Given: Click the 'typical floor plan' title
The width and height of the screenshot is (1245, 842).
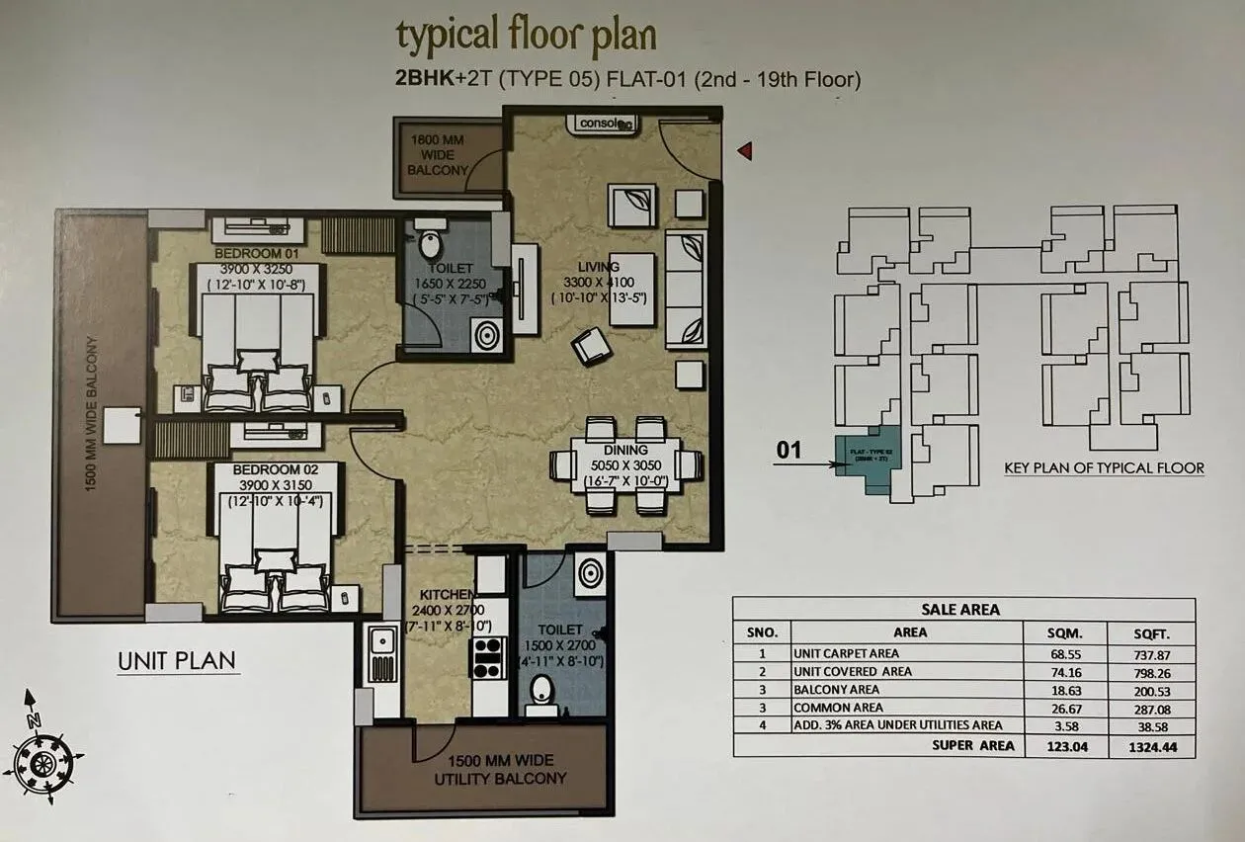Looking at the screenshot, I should [x=526, y=37].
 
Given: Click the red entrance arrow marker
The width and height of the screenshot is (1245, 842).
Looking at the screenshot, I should [x=746, y=150].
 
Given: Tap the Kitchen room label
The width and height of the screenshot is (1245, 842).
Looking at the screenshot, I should [x=443, y=594].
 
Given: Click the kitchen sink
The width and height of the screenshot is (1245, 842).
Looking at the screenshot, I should [x=381, y=654].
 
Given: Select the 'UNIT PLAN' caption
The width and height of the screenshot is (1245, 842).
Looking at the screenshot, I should [x=178, y=661].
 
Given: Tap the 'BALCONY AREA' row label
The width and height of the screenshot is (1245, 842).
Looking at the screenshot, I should [x=836, y=690].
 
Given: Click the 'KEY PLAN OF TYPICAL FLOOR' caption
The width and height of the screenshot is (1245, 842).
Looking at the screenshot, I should [x=1104, y=468].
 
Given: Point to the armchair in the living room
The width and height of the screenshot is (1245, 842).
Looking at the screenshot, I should [x=592, y=346].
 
